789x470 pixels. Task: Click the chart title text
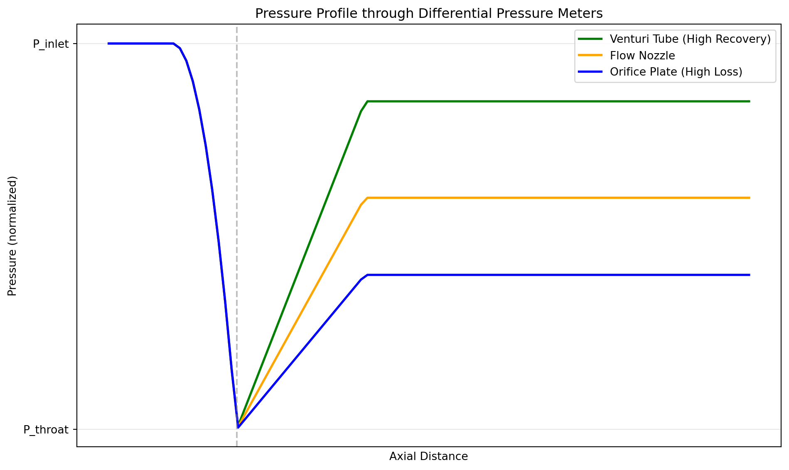coord(428,14)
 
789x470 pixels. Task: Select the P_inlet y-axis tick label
coord(51,44)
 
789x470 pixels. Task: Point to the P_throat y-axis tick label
coord(46,430)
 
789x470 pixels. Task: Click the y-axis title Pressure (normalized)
coord(12,236)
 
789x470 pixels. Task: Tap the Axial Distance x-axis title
coord(428,457)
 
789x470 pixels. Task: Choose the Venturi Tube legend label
coord(690,39)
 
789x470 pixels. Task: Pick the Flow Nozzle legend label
coord(642,56)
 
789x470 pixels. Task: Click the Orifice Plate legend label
coord(676,72)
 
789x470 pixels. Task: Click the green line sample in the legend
coord(590,39)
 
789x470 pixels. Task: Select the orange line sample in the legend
coord(590,56)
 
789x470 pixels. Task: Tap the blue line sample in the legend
coord(590,72)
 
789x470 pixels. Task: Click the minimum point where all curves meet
coord(238,427)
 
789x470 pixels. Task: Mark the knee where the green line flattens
coord(367,101)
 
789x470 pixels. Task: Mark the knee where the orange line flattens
coord(367,198)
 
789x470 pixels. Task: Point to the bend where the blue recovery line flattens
coord(367,275)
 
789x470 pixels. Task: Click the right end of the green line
coord(750,101)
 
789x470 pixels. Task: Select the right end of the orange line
coord(750,198)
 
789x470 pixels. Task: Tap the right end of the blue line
coord(750,275)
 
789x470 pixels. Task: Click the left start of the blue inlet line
coord(108,43)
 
